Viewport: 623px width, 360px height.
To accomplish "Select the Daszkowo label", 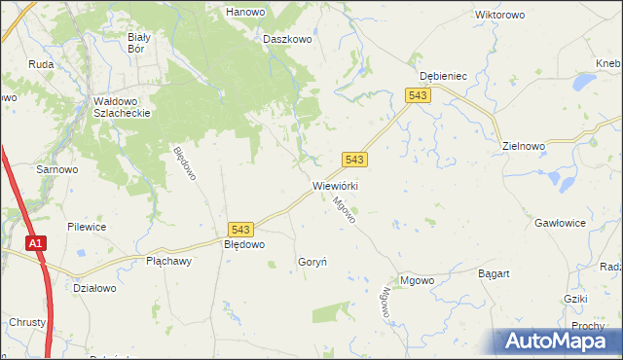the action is click(287, 40).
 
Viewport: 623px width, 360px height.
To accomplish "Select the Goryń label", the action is click(311, 262).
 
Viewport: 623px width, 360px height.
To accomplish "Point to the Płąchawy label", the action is click(169, 262).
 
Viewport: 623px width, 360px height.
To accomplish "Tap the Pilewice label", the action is click(87, 227).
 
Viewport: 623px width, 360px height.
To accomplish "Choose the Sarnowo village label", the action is click(57, 168).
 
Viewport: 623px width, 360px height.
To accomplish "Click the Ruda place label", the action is click(41, 65).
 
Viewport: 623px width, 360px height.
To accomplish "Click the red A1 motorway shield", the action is click(36, 245).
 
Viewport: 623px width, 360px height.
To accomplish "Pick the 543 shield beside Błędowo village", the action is click(242, 229).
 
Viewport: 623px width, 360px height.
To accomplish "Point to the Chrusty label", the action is click(26, 322).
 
